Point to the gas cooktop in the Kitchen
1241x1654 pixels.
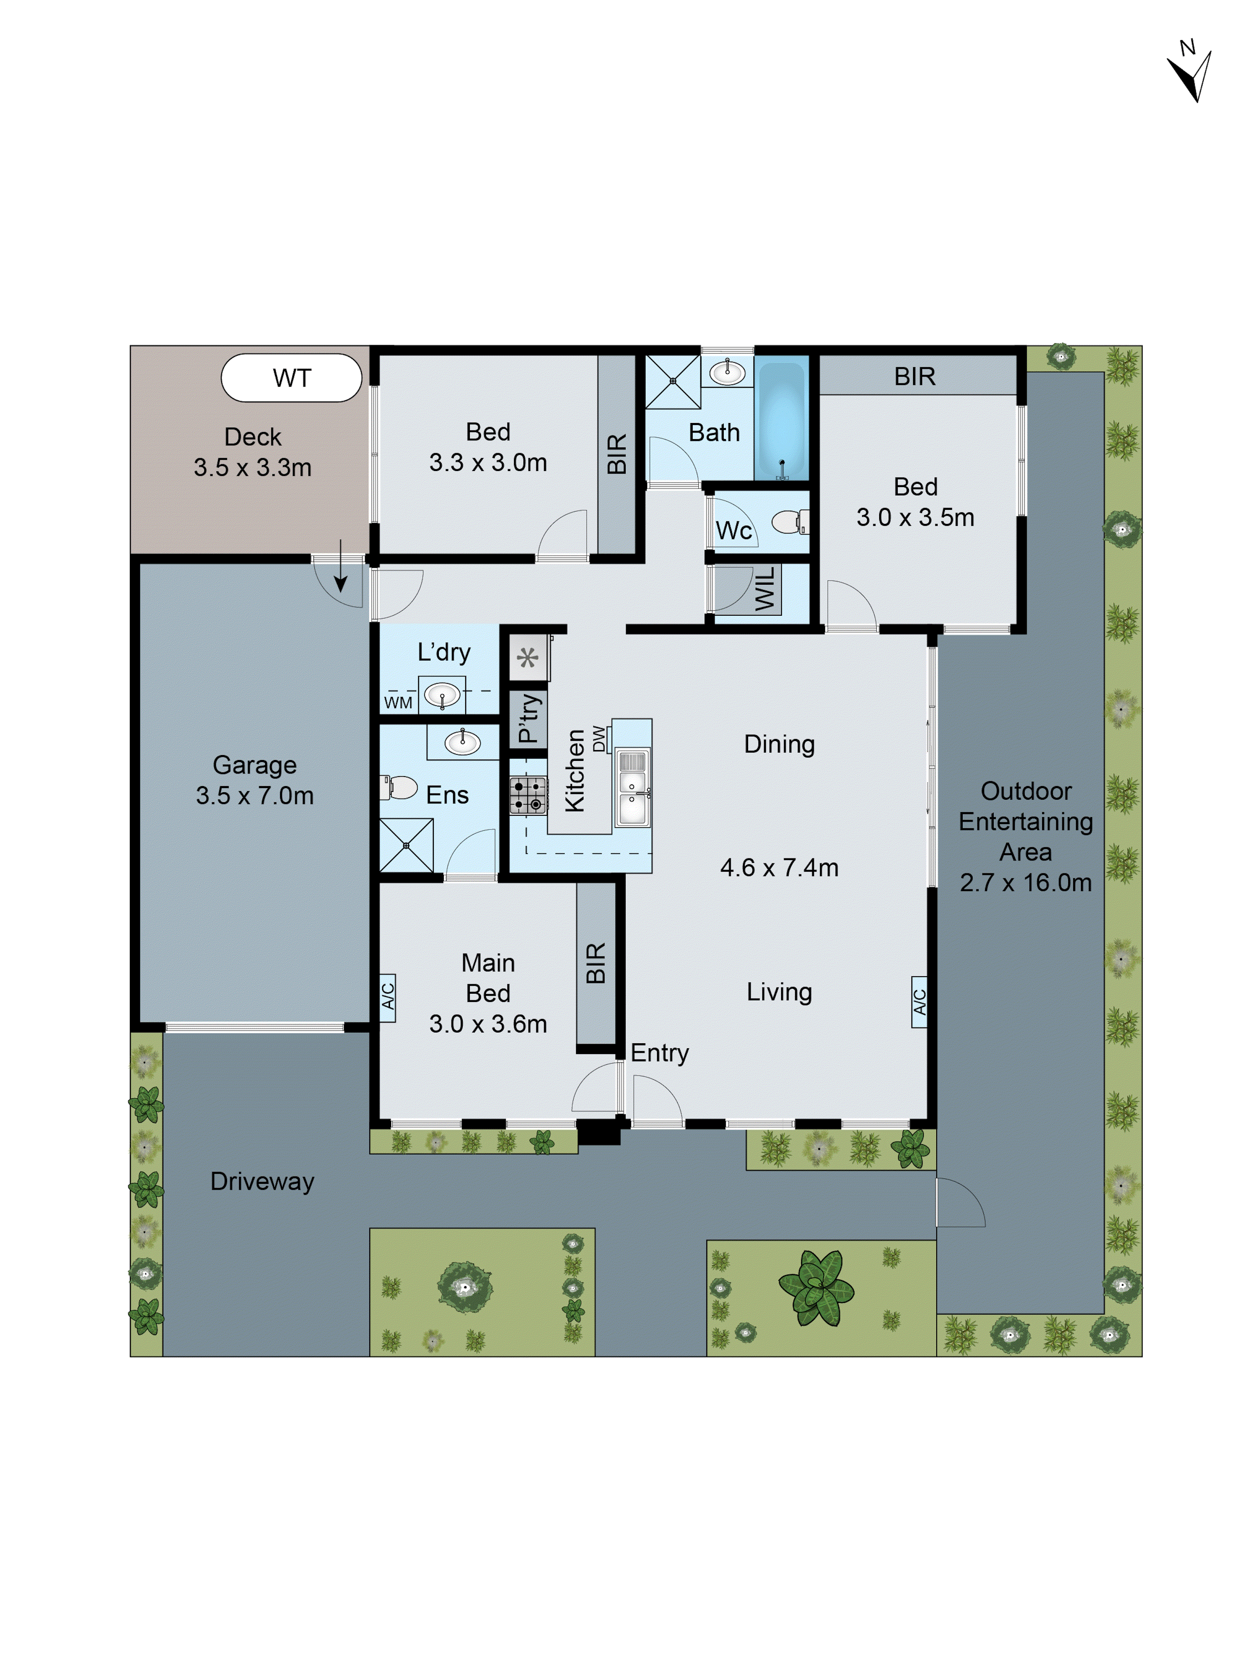point(528,795)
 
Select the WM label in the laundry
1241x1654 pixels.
point(398,702)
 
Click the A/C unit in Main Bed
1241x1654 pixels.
point(387,997)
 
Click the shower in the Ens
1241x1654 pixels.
point(406,845)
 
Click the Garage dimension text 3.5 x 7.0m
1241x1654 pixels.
point(254,795)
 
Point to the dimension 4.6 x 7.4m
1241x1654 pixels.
point(779,868)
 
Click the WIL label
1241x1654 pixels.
point(765,589)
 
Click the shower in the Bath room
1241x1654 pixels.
point(673,381)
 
